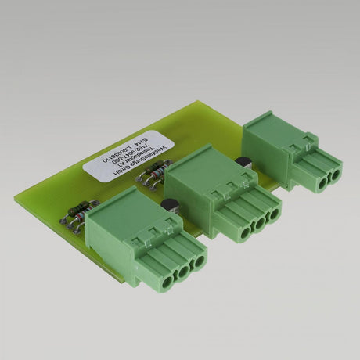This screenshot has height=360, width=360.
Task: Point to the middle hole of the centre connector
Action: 257,222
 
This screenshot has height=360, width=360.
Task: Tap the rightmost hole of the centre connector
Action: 272,214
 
